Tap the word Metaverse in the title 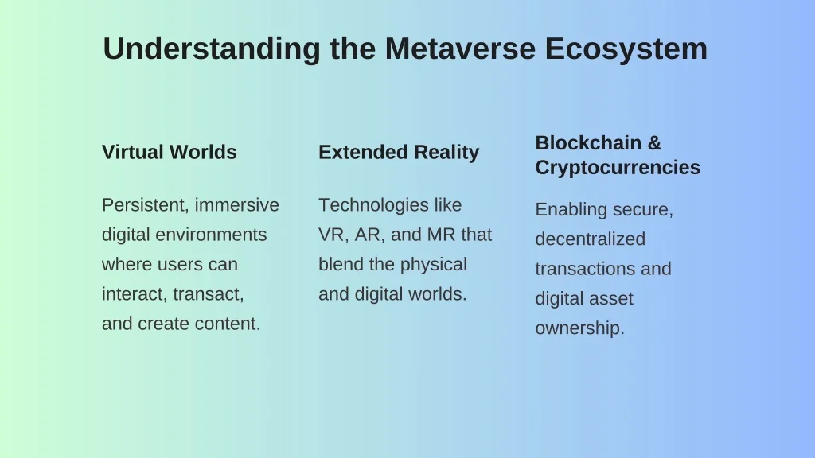tap(460, 49)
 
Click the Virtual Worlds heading tap(170, 152)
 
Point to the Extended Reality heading tap(399, 152)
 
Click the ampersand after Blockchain tap(654, 143)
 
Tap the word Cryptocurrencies tap(618, 168)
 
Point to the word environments tap(211, 235)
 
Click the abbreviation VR tap(333, 235)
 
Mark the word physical tap(434, 265)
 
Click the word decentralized tap(591, 239)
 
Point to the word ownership tap(580, 328)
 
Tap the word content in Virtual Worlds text tap(228, 324)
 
